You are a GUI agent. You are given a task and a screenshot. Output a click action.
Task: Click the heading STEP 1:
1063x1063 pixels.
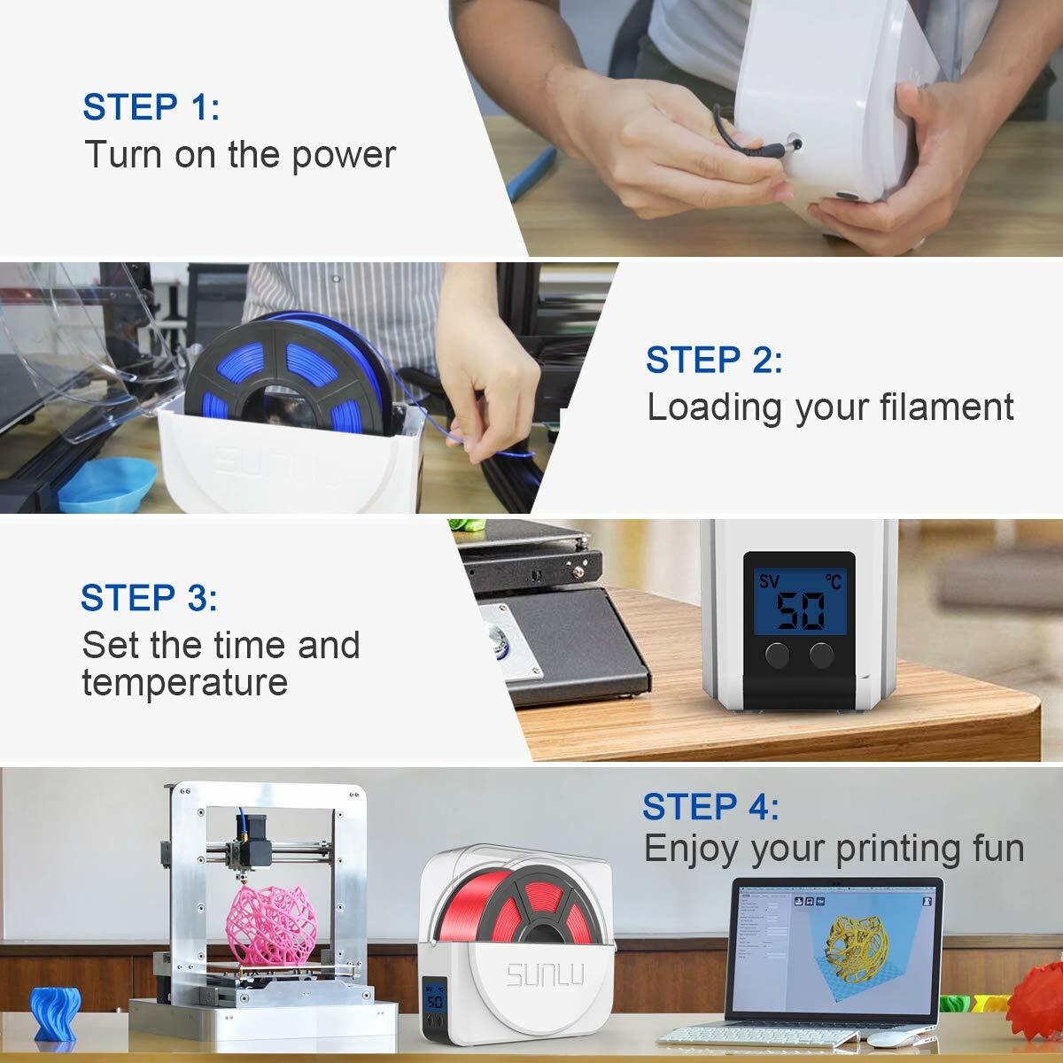(151, 107)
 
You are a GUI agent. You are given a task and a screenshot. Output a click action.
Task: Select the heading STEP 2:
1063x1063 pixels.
(714, 361)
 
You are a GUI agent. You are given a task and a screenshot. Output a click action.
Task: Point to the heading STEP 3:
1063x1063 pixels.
(149, 598)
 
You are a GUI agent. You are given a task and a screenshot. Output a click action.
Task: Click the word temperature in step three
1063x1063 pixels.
(184, 683)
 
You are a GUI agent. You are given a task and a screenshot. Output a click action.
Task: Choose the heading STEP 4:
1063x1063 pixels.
(710, 807)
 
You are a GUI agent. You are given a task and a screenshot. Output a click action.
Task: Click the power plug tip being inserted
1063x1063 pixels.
(793, 142)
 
